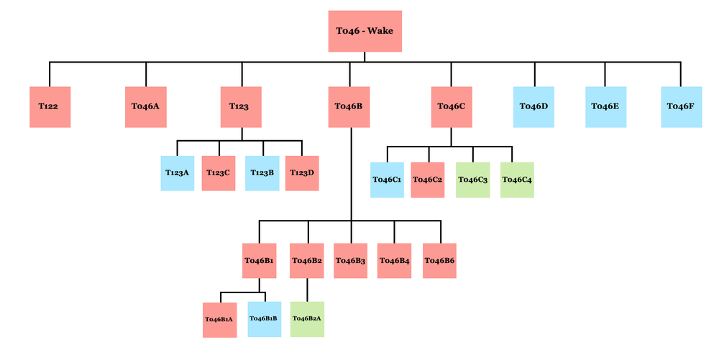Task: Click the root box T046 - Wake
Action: click(x=365, y=32)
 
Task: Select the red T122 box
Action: click(x=50, y=106)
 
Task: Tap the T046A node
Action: click(x=145, y=106)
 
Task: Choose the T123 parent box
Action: click(x=241, y=106)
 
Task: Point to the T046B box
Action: click(x=349, y=106)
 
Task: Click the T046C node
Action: click(x=452, y=106)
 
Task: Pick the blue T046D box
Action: click(x=534, y=106)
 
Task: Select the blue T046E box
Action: click(x=605, y=106)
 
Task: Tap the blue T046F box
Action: click(x=681, y=106)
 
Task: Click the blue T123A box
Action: click(x=178, y=173)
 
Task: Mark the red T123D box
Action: click(x=302, y=173)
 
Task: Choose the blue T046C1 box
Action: click(x=387, y=180)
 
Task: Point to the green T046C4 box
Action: click(x=517, y=180)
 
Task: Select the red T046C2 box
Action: click(x=429, y=180)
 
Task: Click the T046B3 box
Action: click(x=351, y=261)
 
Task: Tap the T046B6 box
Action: click(x=440, y=261)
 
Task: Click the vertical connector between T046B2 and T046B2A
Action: click(x=308, y=290)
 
